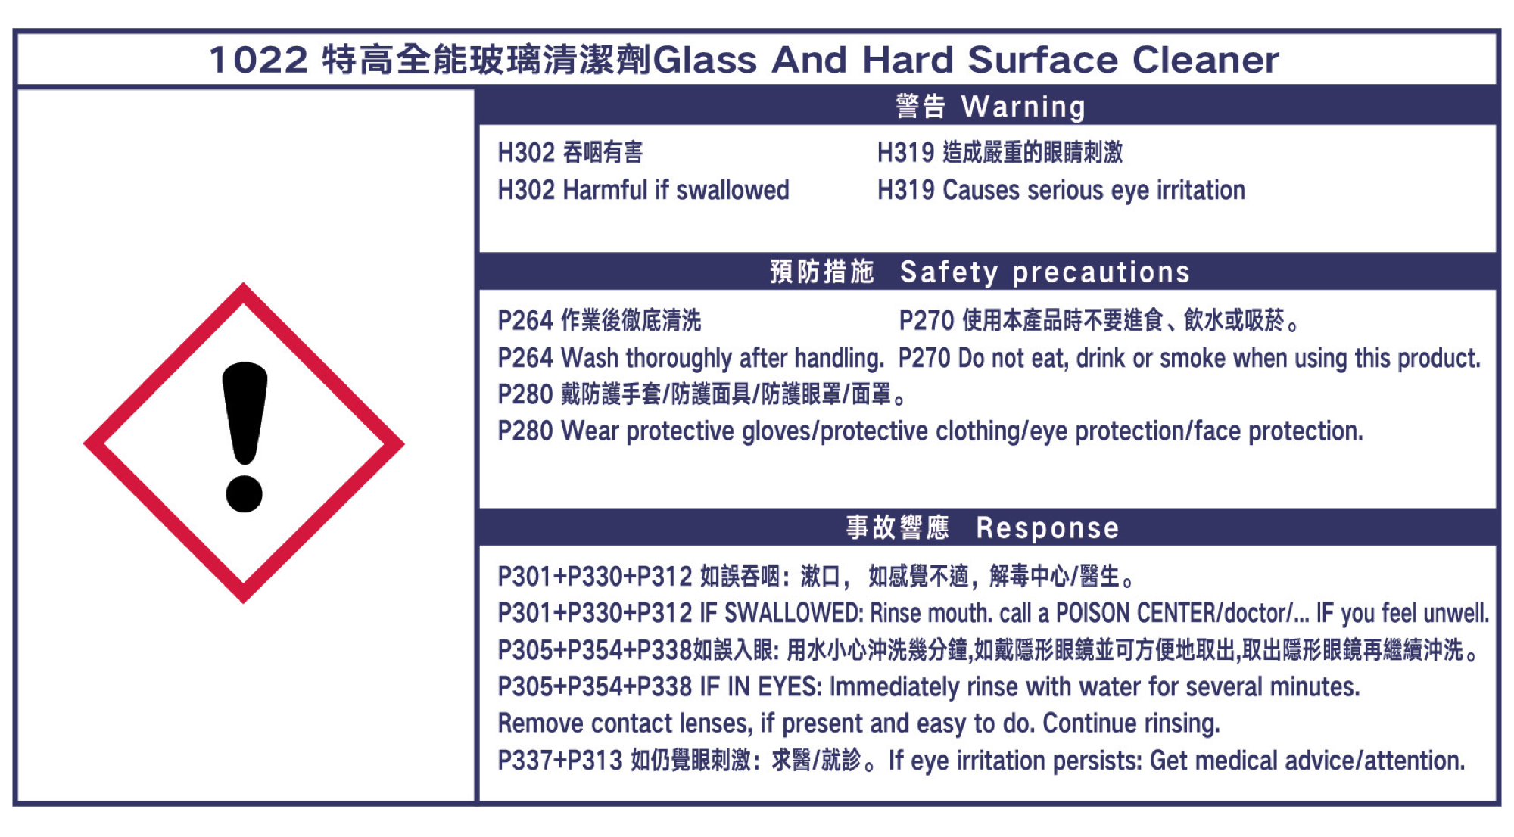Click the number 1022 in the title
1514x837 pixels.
tap(259, 60)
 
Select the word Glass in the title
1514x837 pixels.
tap(705, 60)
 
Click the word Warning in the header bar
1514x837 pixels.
tap(1023, 107)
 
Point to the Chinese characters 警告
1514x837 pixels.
tap(921, 107)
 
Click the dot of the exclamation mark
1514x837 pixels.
tap(244, 493)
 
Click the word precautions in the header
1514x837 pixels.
tap(1101, 273)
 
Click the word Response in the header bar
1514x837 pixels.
tap(1048, 528)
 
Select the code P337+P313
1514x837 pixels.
tap(560, 761)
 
